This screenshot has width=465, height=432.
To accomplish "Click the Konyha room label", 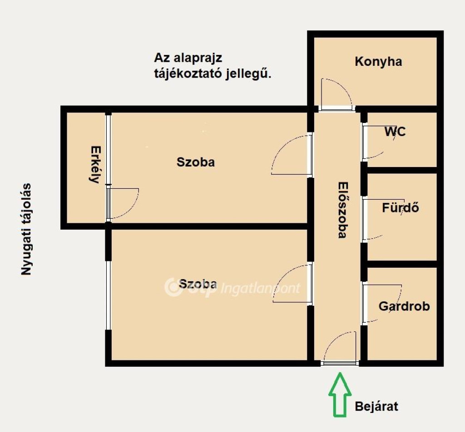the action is (x=378, y=62).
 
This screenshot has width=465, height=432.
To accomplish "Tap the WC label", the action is (x=395, y=132).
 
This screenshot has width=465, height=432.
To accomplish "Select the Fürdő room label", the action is (x=401, y=207).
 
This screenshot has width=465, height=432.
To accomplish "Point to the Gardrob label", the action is (x=404, y=306).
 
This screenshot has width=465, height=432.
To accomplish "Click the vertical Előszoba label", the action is (x=343, y=210).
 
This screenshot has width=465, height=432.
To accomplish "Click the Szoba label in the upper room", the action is (x=196, y=162).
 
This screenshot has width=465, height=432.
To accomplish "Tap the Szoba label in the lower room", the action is (x=198, y=284).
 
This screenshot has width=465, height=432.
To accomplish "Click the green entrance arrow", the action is (x=340, y=395).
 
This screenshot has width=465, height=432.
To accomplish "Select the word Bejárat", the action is (x=376, y=406).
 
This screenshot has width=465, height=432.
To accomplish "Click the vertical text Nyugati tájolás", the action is (x=26, y=229).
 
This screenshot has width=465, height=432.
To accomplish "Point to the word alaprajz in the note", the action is (x=198, y=58).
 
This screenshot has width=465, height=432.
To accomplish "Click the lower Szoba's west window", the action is (x=108, y=295).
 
